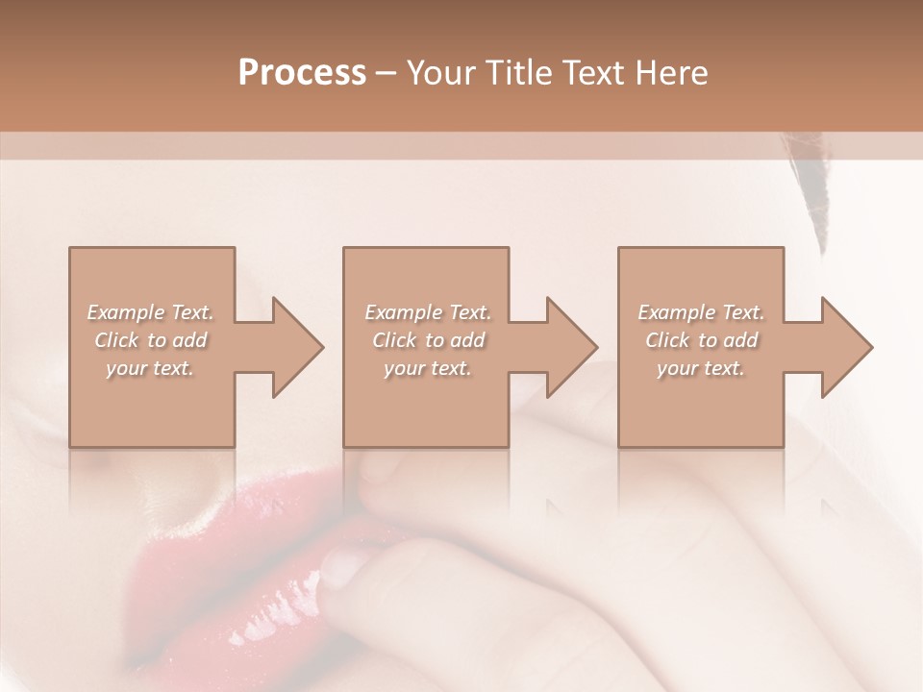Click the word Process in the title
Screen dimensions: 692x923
[x=302, y=73]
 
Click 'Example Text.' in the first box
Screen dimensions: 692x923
[x=151, y=312]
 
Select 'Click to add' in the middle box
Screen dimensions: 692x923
[x=428, y=340]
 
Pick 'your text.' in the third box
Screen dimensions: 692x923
[x=701, y=368]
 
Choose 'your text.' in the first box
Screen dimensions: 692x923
[x=151, y=368]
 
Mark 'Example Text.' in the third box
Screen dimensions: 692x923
[x=701, y=312]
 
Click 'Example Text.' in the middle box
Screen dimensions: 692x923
[x=428, y=312]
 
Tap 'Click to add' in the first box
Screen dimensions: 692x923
[x=151, y=340]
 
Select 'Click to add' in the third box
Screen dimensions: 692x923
[x=701, y=340]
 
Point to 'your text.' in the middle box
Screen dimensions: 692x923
[x=428, y=368]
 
